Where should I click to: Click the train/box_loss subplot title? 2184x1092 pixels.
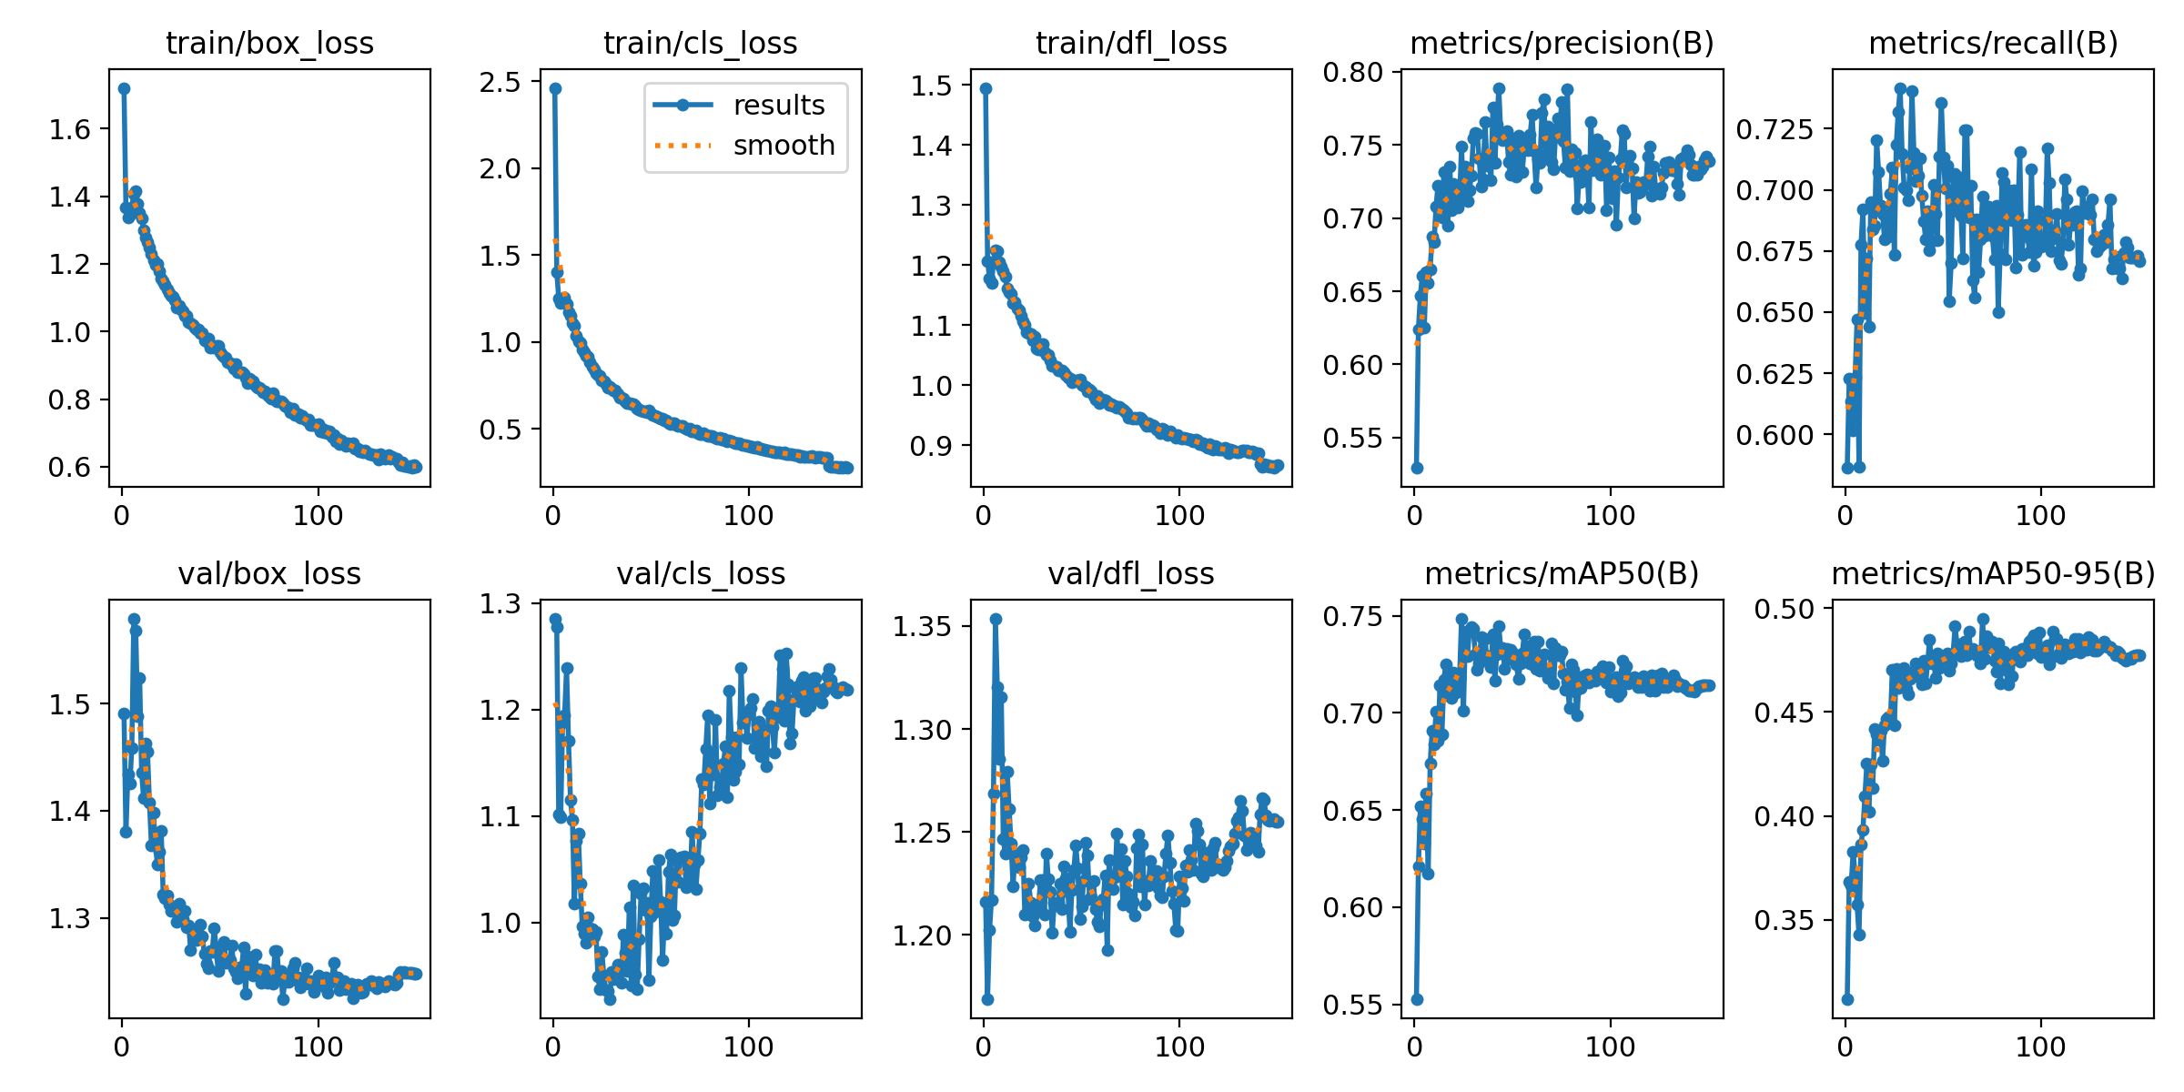[x=269, y=43]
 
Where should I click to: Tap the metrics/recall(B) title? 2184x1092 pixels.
[x=1993, y=43]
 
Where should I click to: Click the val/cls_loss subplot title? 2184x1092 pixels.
[x=701, y=573]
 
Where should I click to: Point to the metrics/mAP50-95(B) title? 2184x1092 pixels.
[x=1993, y=573]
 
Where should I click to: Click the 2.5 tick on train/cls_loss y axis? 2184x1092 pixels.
[x=500, y=82]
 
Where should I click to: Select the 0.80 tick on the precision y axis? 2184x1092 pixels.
[x=1352, y=72]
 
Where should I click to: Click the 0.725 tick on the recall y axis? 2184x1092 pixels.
[x=1774, y=129]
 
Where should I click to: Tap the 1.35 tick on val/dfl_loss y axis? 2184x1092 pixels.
[x=922, y=626]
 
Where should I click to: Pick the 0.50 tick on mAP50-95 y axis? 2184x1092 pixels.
[x=1784, y=609]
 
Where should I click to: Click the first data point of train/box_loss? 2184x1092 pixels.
[x=124, y=88]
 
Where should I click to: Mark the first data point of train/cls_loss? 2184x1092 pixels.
[x=555, y=88]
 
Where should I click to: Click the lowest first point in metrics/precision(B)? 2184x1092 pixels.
[x=1417, y=468]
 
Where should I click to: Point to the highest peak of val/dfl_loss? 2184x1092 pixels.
[x=996, y=619]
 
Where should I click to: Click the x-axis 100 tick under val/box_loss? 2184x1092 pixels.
[x=318, y=1046]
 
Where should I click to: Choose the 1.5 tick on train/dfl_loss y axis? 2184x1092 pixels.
[x=931, y=86]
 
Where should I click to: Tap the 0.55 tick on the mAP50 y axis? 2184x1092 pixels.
[x=1352, y=1005]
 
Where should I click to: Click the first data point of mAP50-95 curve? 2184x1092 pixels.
[x=1847, y=999]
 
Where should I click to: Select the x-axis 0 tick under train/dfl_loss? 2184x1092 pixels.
[x=984, y=516]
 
